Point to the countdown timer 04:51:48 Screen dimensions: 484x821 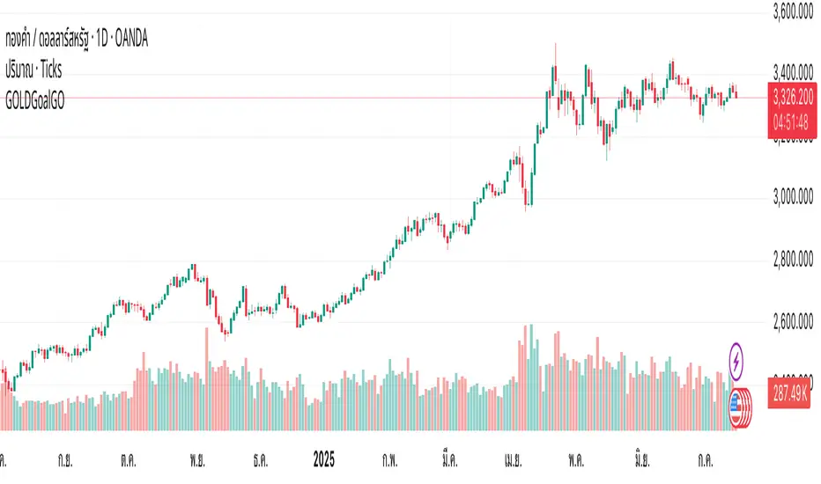click(x=791, y=124)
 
